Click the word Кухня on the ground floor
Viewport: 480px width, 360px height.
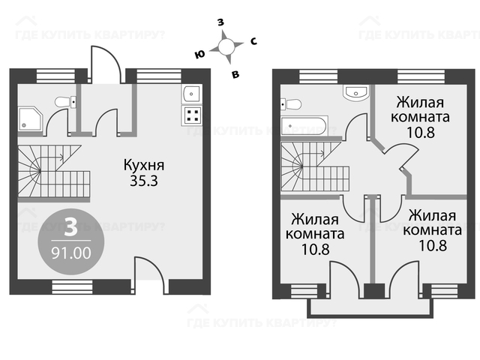[x=144, y=165]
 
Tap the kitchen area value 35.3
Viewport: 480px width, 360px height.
[x=144, y=181]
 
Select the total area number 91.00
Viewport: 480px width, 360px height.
[x=71, y=253]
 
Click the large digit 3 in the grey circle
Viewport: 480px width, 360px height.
[x=70, y=227]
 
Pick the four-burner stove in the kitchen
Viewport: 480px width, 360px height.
[x=192, y=115]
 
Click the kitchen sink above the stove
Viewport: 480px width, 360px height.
[x=192, y=94]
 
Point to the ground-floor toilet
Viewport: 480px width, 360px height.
[x=65, y=102]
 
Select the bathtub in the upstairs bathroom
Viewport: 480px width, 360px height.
[x=304, y=125]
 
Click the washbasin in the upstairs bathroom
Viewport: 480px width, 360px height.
[x=356, y=92]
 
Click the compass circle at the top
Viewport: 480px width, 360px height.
[x=226, y=46]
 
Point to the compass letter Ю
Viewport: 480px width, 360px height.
[x=199, y=55]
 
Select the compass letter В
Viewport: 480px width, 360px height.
[x=235, y=74]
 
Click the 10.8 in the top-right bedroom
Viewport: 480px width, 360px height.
[x=421, y=133]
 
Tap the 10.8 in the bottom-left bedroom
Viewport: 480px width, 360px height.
[x=315, y=250]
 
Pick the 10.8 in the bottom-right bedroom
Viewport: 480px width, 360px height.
[x=433, y=245]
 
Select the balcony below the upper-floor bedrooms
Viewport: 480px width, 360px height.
[x=370, y=308]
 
